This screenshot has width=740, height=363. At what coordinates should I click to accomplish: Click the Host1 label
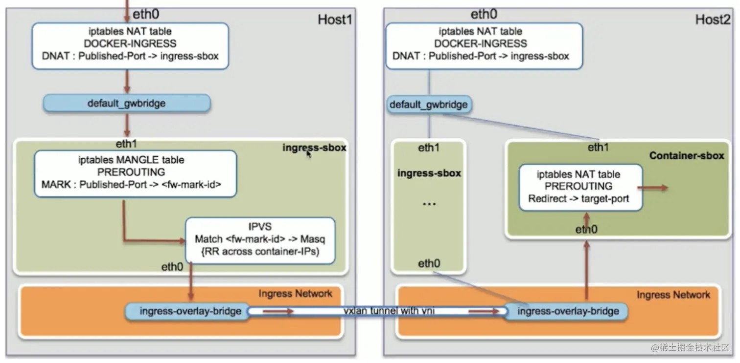tap(335, 20)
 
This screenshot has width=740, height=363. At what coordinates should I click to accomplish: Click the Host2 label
tap(713, 20)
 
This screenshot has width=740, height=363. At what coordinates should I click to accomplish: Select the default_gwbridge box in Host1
tap(127, 103)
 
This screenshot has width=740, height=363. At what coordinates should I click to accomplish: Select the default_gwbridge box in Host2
tap(429, 105)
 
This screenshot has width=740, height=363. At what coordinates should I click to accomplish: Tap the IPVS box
tap(260, 240)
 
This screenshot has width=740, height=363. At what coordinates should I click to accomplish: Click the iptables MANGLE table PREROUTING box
tap(136, 173)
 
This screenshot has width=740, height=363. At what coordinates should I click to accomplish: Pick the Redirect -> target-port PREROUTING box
tap(580, 187)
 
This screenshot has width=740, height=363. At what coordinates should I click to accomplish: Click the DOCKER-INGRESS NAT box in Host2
tap(484, 45)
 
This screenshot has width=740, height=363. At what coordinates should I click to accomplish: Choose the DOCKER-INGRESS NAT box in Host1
tap(130, 45)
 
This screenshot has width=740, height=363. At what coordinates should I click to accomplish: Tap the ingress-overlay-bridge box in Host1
tap(187, 311)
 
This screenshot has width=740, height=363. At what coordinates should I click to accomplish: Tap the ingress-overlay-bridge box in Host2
tap(567, 311)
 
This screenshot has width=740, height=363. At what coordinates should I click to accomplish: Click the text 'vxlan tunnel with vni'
tap(389, 311)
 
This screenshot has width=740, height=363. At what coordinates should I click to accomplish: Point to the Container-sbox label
tap(687, 156)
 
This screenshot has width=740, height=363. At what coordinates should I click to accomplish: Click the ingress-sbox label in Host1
tap(314, 148)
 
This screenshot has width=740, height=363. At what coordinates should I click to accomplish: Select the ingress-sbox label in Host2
tap(429, 173)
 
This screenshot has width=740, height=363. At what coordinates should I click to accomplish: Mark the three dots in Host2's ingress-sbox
tap(429, 204)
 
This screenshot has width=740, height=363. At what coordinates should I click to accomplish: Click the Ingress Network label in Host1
tap(295, 294)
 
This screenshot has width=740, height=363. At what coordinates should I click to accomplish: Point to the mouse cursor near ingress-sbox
tap(308, 154)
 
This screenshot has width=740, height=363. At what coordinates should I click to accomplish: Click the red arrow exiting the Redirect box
tap(652, 188)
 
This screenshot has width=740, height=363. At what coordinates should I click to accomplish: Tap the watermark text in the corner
tap(690, 347)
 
